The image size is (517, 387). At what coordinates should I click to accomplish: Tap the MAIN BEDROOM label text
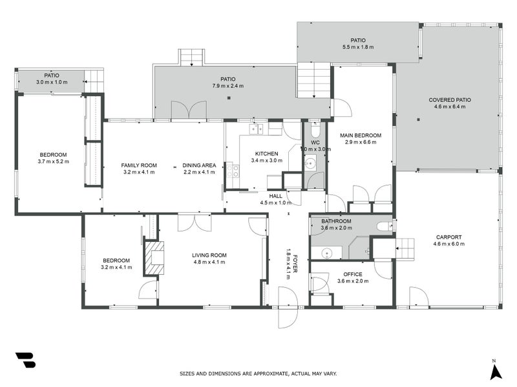point(363,135)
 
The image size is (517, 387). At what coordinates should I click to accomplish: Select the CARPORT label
point(448,237)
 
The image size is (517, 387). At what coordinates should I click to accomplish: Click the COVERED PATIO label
point(450,100)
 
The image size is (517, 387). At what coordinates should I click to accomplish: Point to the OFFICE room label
point(352,274)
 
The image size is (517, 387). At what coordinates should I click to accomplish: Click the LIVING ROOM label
point(209,255)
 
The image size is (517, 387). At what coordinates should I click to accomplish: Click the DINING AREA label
point(198,165)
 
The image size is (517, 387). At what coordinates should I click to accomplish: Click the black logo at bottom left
point(25,360)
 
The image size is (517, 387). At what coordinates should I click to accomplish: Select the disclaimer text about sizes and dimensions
point(258,373)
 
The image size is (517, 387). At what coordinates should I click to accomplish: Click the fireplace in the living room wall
point(154,257)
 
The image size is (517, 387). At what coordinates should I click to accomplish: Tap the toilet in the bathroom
point(385,226)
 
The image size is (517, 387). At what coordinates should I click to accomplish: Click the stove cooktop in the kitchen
point(232,172)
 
